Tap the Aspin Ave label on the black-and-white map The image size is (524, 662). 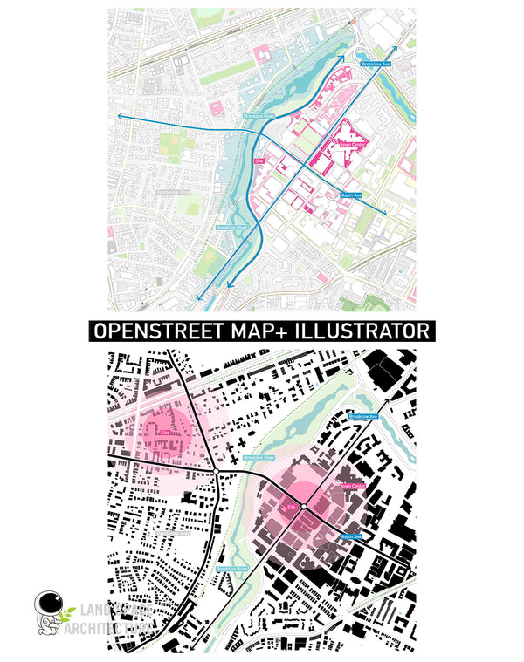351,537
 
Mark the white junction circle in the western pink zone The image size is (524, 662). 215,472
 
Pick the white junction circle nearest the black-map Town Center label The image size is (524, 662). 303,507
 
